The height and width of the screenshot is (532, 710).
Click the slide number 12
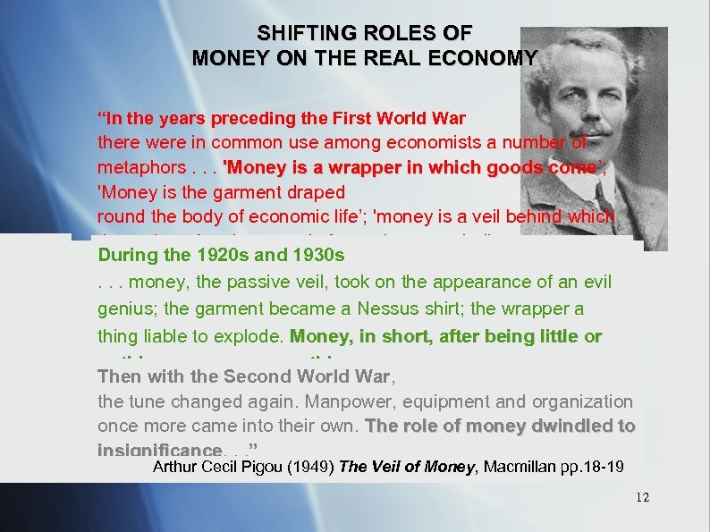tap(642, 497)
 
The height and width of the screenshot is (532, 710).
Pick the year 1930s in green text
tap(314, 255)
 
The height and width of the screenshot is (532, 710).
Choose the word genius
tap(123, 309)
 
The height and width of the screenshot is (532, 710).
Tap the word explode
tap(252, 337)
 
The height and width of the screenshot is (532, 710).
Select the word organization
tap(583, 402)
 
